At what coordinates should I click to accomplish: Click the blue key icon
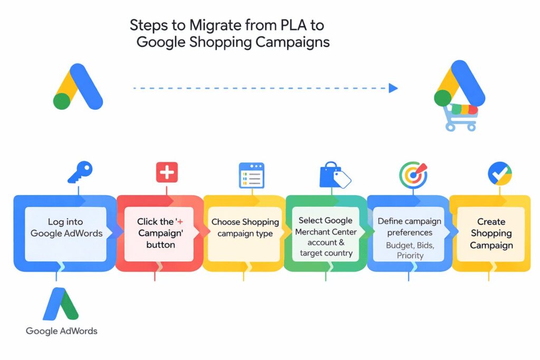[80, 172]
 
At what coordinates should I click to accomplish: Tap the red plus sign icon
[167, 172]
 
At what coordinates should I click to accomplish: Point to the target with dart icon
[413, 173]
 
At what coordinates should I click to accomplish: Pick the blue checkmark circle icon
[499, 173]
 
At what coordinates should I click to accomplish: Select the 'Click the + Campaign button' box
[157, 233]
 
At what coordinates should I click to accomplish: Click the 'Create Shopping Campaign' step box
[491, 233]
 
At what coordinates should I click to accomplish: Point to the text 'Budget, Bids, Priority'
[410, 250]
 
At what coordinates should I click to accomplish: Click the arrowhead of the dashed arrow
[393, 88]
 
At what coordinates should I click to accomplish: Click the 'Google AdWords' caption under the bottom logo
[62, 331]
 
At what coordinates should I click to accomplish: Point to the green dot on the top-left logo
[62, 101]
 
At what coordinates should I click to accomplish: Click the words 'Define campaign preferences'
[410, 227]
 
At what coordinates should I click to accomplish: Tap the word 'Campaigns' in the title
[292, 42]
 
